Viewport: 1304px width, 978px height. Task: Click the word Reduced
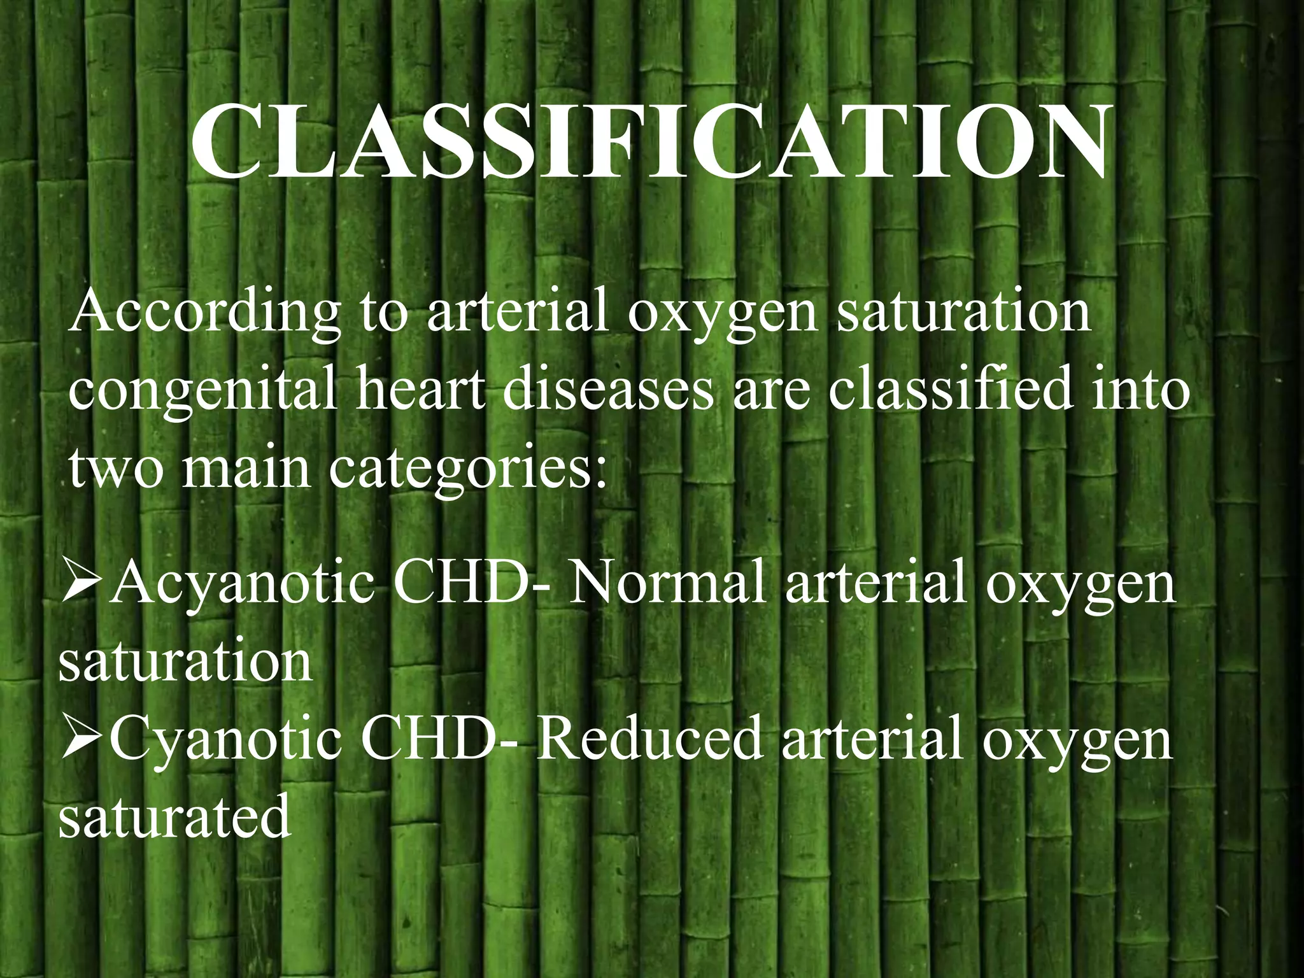tap(649, 739)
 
